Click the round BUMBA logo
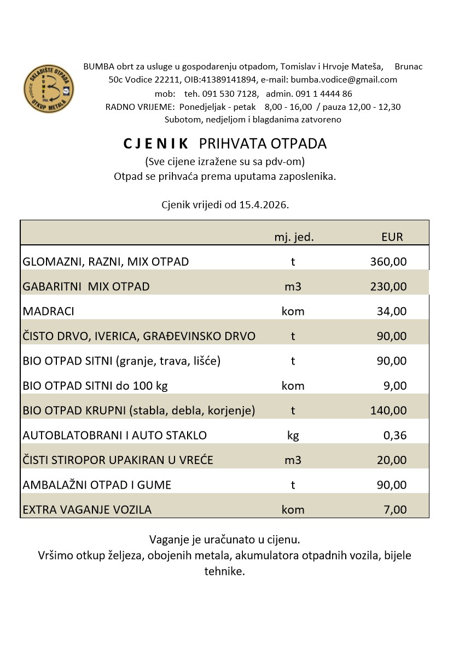coord(49,88)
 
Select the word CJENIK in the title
coord(156,144)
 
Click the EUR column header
coord(392,237)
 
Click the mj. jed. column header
coord(294,237)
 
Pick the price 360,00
coord(388,262)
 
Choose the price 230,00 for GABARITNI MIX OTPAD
coord(388,286)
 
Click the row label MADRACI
coord(48,312)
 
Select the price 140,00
coord(388,410)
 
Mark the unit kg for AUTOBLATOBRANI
coord(293,436)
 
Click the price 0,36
coord(395,436)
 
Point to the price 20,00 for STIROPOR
coord(392,460)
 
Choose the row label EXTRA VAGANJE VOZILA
coord(87,510)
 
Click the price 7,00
coord(396,510)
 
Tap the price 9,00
coord(396,386)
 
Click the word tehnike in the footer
coord(224,572)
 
